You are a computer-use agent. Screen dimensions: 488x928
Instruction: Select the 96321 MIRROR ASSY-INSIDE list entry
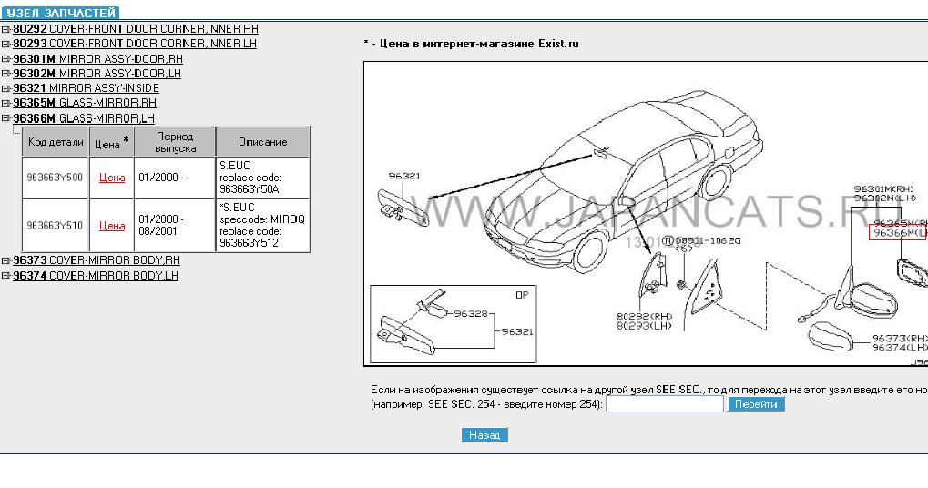pyautogui.click(x=86, y=88)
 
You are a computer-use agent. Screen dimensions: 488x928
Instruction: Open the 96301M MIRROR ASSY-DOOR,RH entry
pyautogui.click(x=97, y=59)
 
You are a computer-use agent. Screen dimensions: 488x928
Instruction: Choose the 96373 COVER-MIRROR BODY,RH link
pyautogui.click(x=96, y=260)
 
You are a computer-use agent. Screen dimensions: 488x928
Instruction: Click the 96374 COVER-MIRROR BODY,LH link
pyautogui.click(x=96, y=275)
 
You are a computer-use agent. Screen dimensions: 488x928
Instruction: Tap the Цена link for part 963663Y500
pyautogui.click(x=112, y=178)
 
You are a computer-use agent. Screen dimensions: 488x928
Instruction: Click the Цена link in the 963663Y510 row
pyautogui.click(x=112, y=226)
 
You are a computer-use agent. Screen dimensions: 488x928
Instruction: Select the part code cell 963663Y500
pyautogui.click(x=55, y=178)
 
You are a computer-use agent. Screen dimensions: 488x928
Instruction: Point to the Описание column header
pyautogui.click(x=262, y=142)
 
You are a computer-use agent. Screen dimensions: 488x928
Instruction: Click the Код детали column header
pyautogui.click(x=56, y=142)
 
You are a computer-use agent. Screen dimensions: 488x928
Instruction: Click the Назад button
pyautogui.click(x=484, y=435)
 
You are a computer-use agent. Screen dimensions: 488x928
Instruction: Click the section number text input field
pyautogui.click(x=664, y=404)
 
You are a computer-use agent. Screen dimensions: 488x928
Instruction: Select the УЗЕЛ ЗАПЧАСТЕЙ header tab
pyautogui.click(x=61, y=13)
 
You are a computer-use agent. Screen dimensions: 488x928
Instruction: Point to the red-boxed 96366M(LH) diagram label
pyautogui.click(x=898, y=233)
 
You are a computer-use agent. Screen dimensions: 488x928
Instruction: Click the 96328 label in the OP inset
pyautogui.click(x=471, y=314)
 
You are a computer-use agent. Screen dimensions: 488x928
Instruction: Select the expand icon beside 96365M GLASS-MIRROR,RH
pyautogui.click(x=5, y=104)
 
